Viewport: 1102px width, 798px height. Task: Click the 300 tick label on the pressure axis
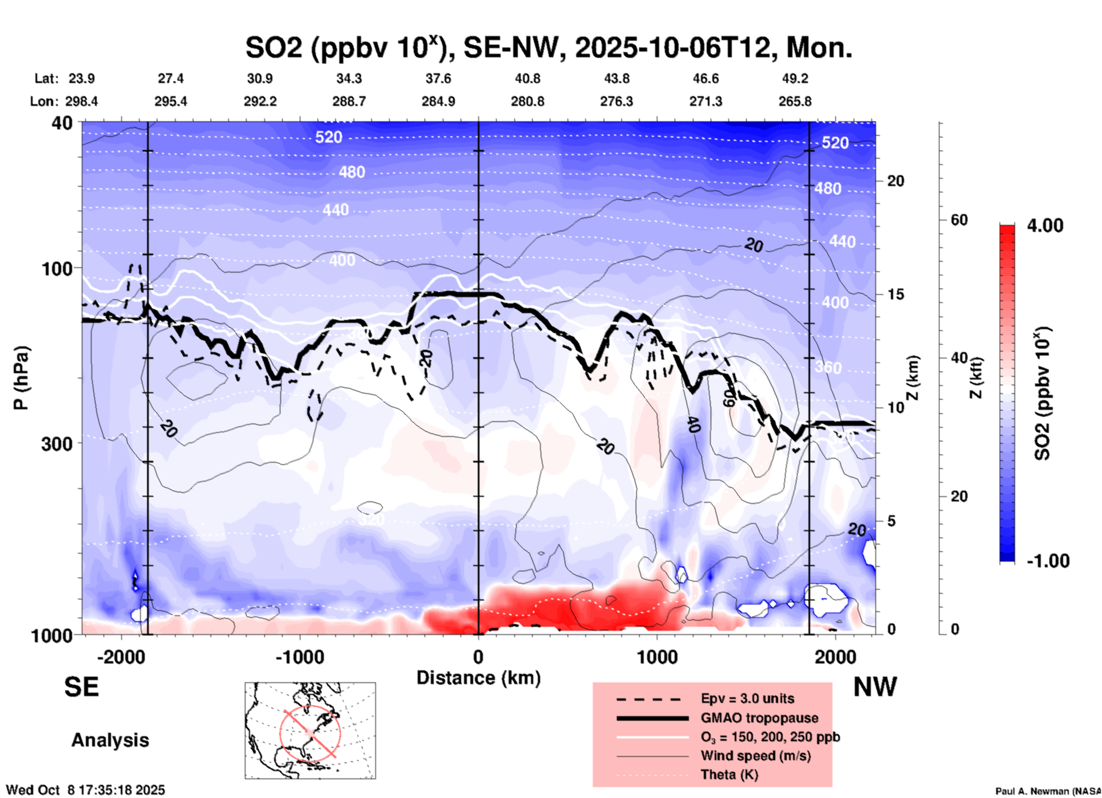click(57, 443)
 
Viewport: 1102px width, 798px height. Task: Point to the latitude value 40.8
click(527, 78)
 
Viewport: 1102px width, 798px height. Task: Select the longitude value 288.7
click(349, 101)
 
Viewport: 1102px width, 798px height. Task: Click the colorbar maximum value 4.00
click(1045, 225)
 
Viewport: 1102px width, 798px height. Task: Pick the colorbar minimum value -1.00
click(1048, 561)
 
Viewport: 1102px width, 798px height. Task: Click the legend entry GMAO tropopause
click(759, 718)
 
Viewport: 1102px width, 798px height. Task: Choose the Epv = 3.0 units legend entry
click(747, 698)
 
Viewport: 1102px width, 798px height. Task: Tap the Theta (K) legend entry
click(729, 775)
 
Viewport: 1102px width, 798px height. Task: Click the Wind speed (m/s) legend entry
click(755, 756)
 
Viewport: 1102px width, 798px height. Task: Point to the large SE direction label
click(81, 687)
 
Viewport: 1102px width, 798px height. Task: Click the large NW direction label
click(875, 687)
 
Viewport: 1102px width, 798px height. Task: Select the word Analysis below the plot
click(110, 740)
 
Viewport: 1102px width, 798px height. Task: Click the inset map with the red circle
click(310, 730)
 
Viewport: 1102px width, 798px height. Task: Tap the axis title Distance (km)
click(478, 678)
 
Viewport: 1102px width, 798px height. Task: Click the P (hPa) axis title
click(21, 378)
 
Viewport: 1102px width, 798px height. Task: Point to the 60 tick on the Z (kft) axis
click(959, 220)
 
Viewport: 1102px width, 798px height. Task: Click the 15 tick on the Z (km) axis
click(895, 294)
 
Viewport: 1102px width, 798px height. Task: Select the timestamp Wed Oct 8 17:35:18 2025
click(85, 790)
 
